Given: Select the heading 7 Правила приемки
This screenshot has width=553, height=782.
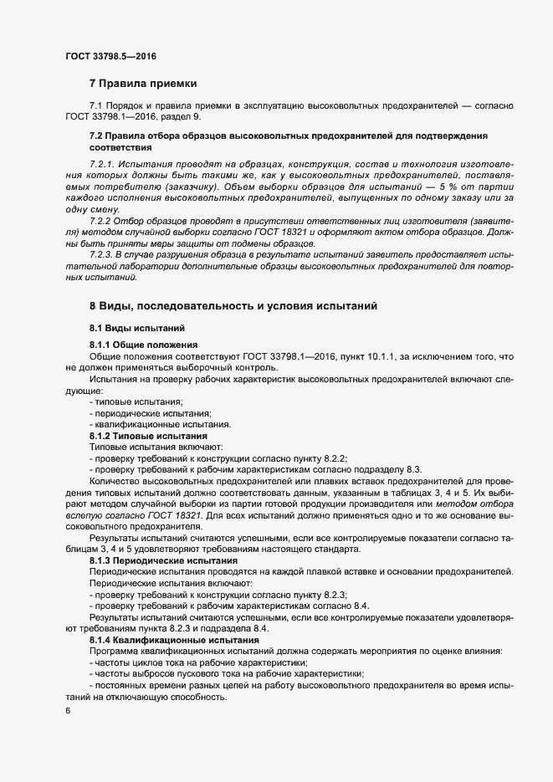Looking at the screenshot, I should click(x=143, y=84).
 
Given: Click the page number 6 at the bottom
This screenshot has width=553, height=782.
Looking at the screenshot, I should click(x=67, y=711).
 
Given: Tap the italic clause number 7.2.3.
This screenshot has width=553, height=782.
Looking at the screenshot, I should click(x=105, y=252).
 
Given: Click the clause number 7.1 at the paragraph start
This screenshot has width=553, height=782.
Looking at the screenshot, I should click(x=95, y=107).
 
